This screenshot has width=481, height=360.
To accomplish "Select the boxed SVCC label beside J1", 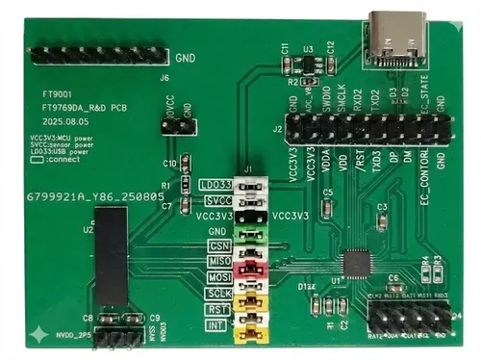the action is (216, 200).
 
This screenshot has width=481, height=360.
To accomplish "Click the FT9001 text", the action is (57, 96).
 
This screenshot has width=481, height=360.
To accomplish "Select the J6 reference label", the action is (165, 78).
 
